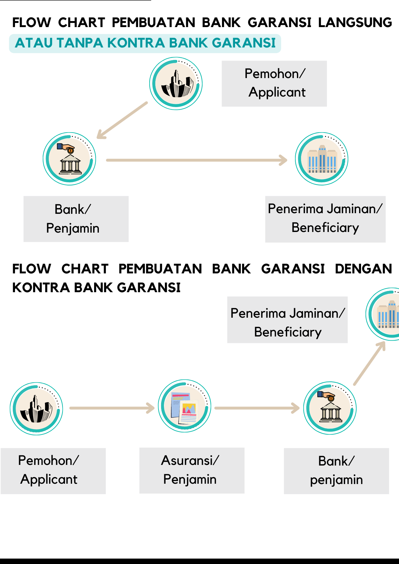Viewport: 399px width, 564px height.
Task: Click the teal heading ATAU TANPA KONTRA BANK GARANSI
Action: (x=145, y=43)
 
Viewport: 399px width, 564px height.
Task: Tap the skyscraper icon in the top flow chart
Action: (x=176, y=84)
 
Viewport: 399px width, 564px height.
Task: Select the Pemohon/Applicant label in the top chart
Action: (x=274, y=83)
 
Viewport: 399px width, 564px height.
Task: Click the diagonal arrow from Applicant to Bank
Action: (x=122, y=120)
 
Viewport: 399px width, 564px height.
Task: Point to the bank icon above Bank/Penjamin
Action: (x=70, y=159)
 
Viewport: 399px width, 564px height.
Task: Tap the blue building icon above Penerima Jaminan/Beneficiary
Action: (x=321, y=159)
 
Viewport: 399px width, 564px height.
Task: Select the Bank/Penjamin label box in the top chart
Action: (x=76, y=219)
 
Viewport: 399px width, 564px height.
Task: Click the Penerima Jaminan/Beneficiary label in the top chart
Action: (x=325, y=219)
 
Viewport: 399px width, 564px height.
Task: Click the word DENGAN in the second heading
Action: (x=363, y=269)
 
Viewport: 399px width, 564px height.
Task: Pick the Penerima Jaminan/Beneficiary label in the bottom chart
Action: (x=287, y=322)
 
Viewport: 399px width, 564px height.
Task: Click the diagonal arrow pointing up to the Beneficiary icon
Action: (x=370, y=364)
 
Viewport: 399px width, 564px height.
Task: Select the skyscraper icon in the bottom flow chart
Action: (x=36, y=409)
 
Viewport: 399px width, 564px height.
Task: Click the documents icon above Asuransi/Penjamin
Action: (x=185, y=406)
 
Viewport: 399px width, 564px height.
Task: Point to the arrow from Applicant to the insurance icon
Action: (x=112, y=408)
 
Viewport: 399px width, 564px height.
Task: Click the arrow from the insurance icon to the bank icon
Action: (x=257, y=408)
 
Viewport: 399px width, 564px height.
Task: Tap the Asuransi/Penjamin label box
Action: (x=192, y=470)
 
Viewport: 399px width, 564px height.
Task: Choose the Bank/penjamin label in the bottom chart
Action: (x=336, y=471)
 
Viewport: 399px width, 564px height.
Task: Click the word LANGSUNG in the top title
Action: (x=355, y=22)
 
